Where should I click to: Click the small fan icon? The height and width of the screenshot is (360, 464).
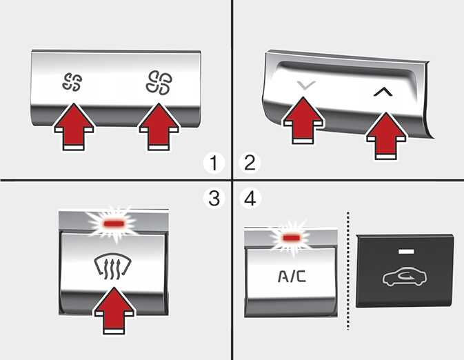[72, 82]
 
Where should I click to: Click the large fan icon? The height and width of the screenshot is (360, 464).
[159, 83]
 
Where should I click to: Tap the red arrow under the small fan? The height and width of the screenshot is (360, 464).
[74, 126]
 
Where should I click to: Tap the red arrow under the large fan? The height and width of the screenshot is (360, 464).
[159, 126]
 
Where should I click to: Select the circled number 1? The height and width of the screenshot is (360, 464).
[214, 163]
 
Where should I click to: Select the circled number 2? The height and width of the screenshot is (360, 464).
[250, 163]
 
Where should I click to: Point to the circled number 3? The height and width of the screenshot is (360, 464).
[214, 199]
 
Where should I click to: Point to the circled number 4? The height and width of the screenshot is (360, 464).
[250, 199]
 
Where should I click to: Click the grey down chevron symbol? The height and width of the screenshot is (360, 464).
[306, 86]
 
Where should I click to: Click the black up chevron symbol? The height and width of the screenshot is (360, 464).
[383, 92]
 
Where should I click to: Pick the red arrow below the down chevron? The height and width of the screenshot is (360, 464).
[303, 120]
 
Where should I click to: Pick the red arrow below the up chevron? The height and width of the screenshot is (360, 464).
[386, 136]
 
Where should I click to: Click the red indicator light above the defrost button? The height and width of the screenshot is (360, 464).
[113, 224]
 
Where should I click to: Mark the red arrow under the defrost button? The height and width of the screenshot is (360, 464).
[114, 310]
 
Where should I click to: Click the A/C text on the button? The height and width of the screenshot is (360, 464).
[292, 277]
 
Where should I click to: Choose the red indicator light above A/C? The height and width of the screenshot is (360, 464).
[292, 237]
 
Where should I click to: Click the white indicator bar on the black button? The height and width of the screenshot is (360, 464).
[406, 251]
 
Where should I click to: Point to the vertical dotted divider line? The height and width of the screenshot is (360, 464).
[348, 270]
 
